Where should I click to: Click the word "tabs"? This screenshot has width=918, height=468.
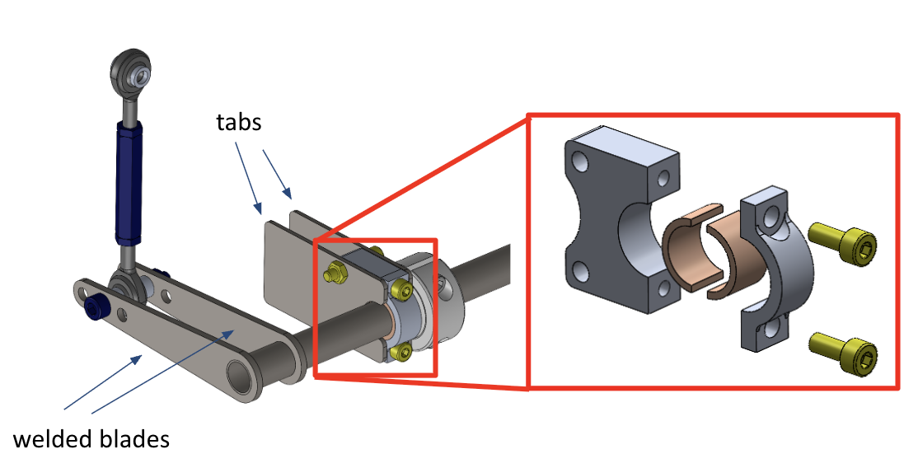tap(239, 122)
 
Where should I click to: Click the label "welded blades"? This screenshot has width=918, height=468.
tap(91, 438)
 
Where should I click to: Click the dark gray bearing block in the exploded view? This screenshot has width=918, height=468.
tap(621, 218)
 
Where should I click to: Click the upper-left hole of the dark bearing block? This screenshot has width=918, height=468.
tap(581, 161)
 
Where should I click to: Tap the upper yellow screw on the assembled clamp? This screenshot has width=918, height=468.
tap(400, 288)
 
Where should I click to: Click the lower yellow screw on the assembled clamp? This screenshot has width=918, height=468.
tap(401, 352)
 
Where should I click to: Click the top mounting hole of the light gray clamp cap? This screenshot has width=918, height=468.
tap(772, 218)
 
